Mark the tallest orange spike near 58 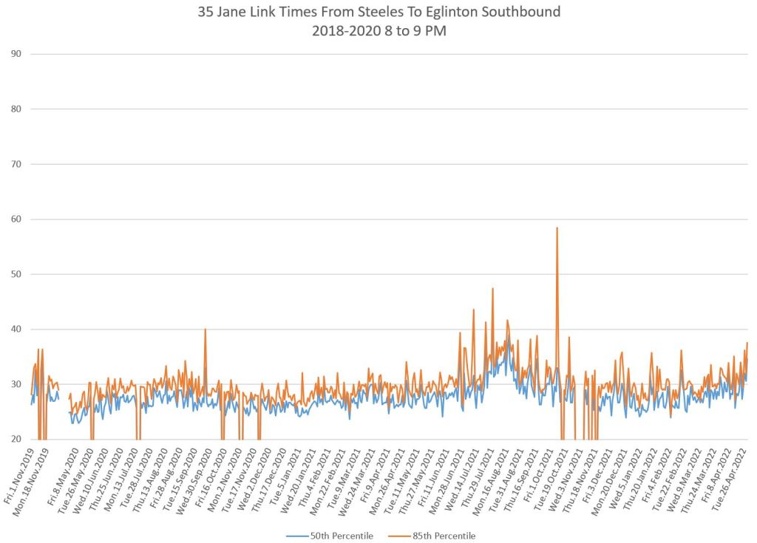pyautogui.click(x=557, y=228)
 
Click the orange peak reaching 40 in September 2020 pyautogui.click(x=205, y=329)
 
